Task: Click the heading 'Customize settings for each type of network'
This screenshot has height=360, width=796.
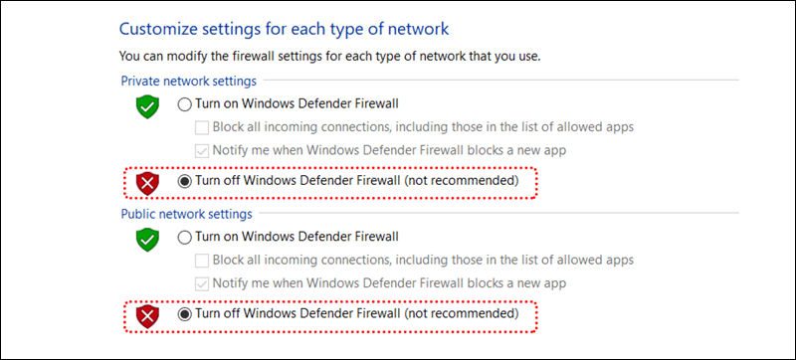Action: (284, 29)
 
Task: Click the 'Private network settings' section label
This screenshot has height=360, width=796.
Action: (188, 81)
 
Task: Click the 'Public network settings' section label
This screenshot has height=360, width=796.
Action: (186, 214)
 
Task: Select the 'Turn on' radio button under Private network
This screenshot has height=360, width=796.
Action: (185, 104)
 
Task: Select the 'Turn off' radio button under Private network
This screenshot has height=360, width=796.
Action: (185, 181)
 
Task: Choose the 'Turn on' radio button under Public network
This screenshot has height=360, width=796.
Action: (185, 237)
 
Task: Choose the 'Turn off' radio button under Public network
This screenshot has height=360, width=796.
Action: (185, 314)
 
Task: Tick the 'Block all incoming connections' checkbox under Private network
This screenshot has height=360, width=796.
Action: (202, 127)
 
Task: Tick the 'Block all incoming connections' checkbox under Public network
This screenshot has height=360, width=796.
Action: (202, 261)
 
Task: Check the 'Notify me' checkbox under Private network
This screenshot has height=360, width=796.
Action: (202, 150)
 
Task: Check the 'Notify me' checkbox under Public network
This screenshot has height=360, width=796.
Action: (202, 283)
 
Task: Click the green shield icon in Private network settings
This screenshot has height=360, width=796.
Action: (147, 106)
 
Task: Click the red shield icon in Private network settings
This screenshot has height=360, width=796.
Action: (147, 184)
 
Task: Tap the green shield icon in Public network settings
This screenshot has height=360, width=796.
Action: (147, 240)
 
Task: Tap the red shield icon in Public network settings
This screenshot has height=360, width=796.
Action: (147, 317)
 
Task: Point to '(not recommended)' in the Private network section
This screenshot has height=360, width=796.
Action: (462, 181)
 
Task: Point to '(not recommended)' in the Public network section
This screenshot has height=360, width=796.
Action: (462, 314)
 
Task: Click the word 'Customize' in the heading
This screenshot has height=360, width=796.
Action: (158, 29)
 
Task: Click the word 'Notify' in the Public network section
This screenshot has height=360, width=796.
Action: (228, 283)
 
